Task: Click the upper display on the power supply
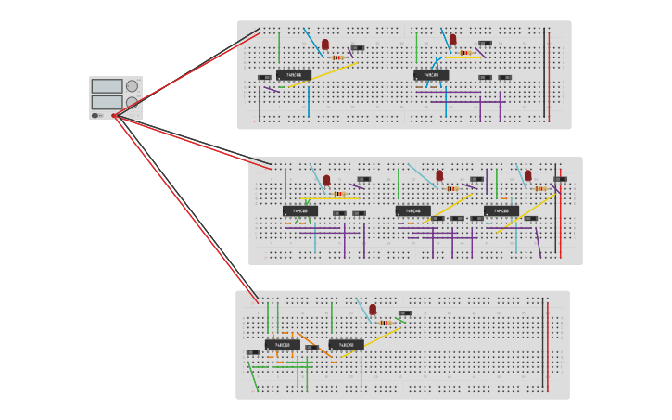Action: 107,86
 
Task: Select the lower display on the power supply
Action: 107,102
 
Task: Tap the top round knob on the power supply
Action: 132,86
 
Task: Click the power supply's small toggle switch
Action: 95,116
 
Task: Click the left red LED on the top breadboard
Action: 325,45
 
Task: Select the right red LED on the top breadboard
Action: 453,40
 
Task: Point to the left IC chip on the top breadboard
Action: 293,75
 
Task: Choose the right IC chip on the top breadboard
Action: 431,75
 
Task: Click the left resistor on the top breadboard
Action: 337,57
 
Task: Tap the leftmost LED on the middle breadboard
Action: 326,181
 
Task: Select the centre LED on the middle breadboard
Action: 440,175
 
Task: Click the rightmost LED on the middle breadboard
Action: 528,175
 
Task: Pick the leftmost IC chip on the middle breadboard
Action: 300,211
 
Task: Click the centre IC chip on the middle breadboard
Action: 412,211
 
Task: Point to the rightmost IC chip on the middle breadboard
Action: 501,211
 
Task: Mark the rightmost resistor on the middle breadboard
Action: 539,189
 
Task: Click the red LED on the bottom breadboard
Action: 373,310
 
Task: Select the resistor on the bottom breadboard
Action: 385,323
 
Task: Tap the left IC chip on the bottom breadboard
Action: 283,345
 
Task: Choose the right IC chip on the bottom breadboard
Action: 346,345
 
